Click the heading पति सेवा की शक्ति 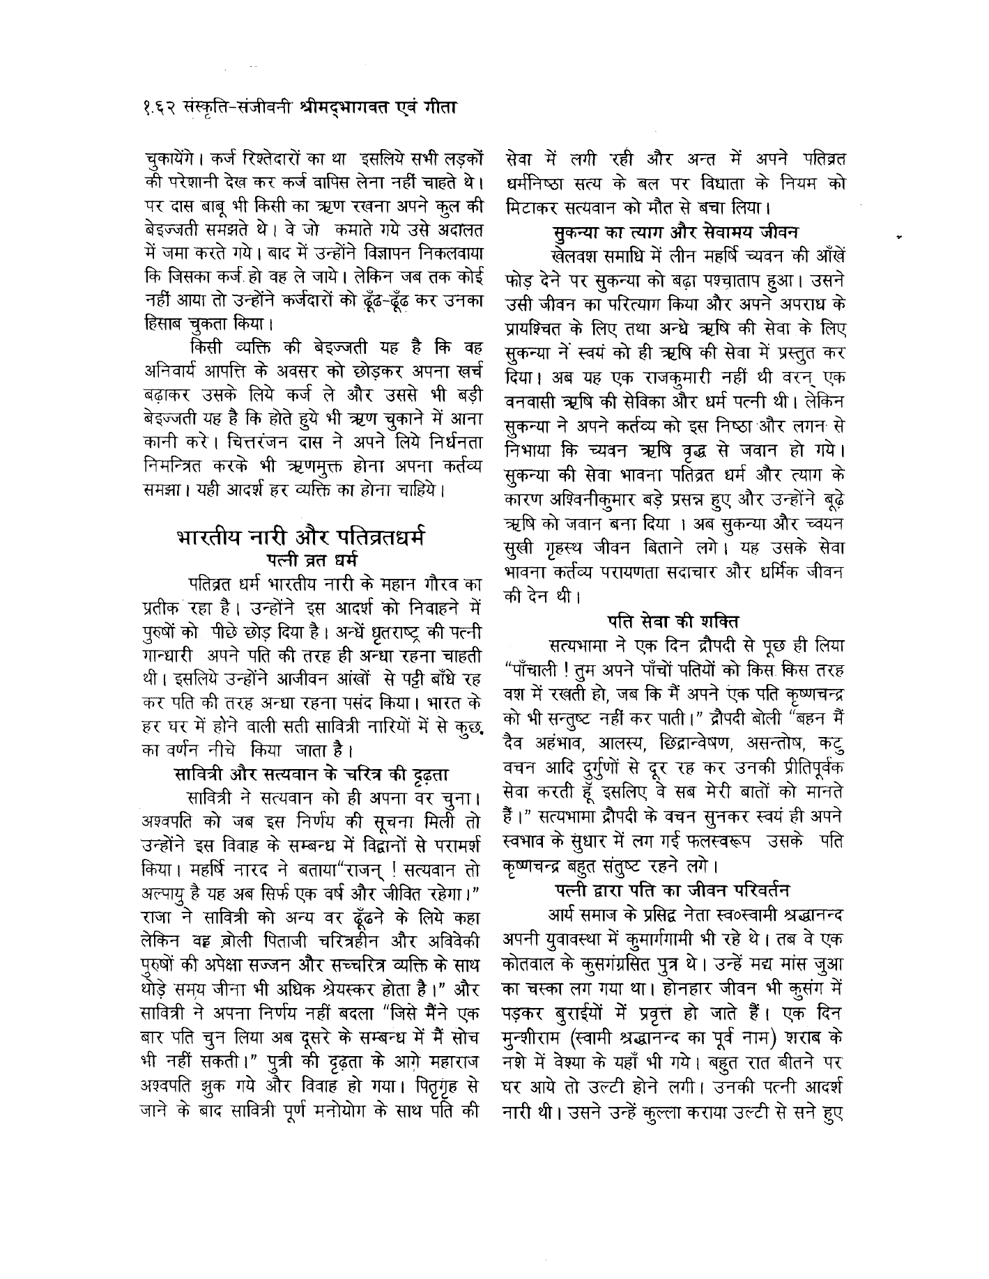672,621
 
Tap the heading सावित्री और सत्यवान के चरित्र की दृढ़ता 310,774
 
